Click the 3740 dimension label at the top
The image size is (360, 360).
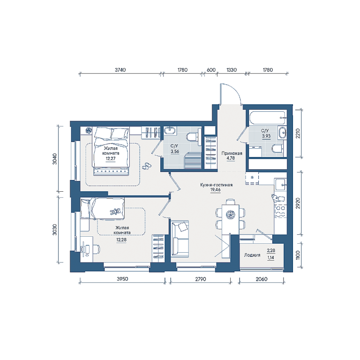120,70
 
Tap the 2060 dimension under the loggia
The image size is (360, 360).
262,279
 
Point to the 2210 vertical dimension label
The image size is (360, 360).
298,134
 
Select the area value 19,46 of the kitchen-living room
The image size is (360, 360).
215,190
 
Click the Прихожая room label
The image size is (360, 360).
232,153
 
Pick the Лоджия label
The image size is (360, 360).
252,255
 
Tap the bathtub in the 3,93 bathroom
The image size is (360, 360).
268,118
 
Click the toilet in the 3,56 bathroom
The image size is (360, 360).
193,137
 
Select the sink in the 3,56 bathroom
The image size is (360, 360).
170,130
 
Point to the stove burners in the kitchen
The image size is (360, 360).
280,211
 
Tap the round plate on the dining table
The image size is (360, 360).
230,215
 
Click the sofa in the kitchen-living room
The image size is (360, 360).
180,239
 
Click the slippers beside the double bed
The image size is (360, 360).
146,166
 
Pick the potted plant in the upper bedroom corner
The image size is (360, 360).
88,130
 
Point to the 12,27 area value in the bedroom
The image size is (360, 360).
111,158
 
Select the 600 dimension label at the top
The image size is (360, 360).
211,70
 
